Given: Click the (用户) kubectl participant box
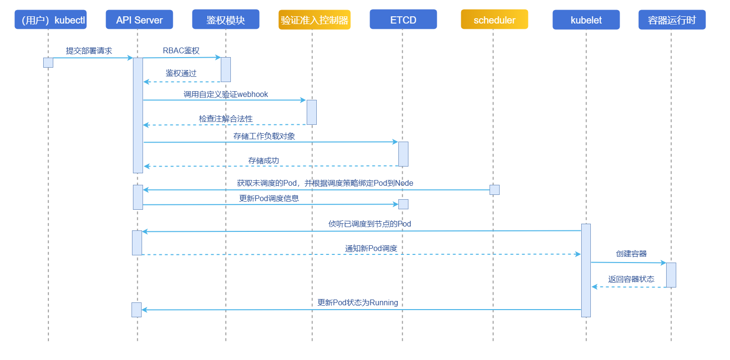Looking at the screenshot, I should coord(50,20).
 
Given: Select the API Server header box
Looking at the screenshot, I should coord(139,20).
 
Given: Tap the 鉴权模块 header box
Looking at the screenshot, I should coord(226,20).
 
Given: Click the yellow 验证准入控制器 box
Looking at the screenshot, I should coord(314,20).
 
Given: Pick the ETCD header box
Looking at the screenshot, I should coord(403,20).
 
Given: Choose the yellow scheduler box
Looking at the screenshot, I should coord(494,20).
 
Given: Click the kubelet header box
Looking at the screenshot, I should coord(586,20).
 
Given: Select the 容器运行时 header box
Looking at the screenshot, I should coord(672,20).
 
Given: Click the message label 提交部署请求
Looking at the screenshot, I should coord(89,51).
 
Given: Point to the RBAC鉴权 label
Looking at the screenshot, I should coord(181,51).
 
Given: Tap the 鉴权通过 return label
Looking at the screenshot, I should coord(181,73).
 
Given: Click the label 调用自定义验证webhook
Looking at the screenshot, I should coord(226,95).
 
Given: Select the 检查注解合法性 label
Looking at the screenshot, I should coord(226,119).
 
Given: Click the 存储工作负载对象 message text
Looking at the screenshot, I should coord(264,136).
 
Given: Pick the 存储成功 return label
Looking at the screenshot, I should coord(263,161).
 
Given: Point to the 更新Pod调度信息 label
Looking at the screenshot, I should coord(269,198).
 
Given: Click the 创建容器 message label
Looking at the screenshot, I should coord(631,254).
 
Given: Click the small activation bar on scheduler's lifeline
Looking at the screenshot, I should coord(494,190).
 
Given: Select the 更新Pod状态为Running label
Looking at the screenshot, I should coord(358,303).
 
